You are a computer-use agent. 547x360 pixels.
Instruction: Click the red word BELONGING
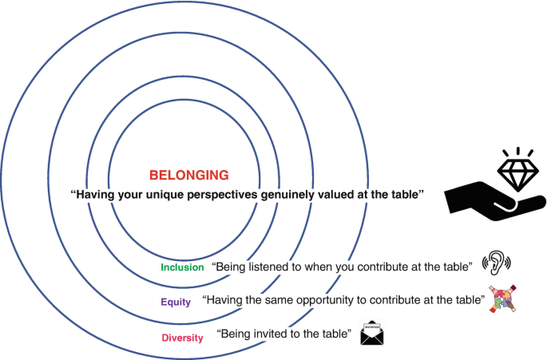tap(188, 174)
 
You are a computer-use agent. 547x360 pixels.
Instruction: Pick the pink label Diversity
tap(182, 338)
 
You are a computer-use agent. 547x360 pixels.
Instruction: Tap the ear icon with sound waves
tap(496, 263)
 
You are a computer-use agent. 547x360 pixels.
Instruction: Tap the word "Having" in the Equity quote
tap(225, 301)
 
